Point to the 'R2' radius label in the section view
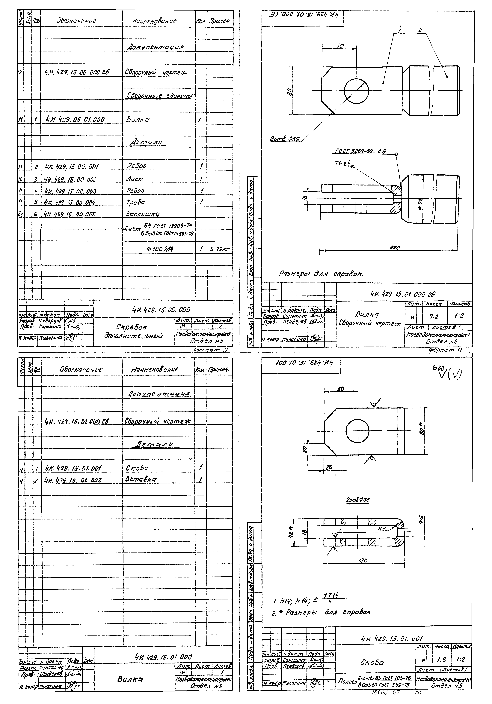[381, 528]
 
